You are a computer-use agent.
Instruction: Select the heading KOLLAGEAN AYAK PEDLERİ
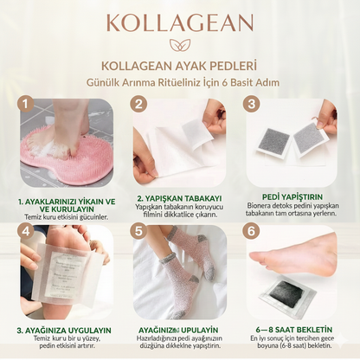180,67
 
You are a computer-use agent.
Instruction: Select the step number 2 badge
138,106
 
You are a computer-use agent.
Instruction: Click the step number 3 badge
251,106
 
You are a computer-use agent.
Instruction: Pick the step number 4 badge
27,233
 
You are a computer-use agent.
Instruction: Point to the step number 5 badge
138,232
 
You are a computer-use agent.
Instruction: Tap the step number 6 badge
251,232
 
